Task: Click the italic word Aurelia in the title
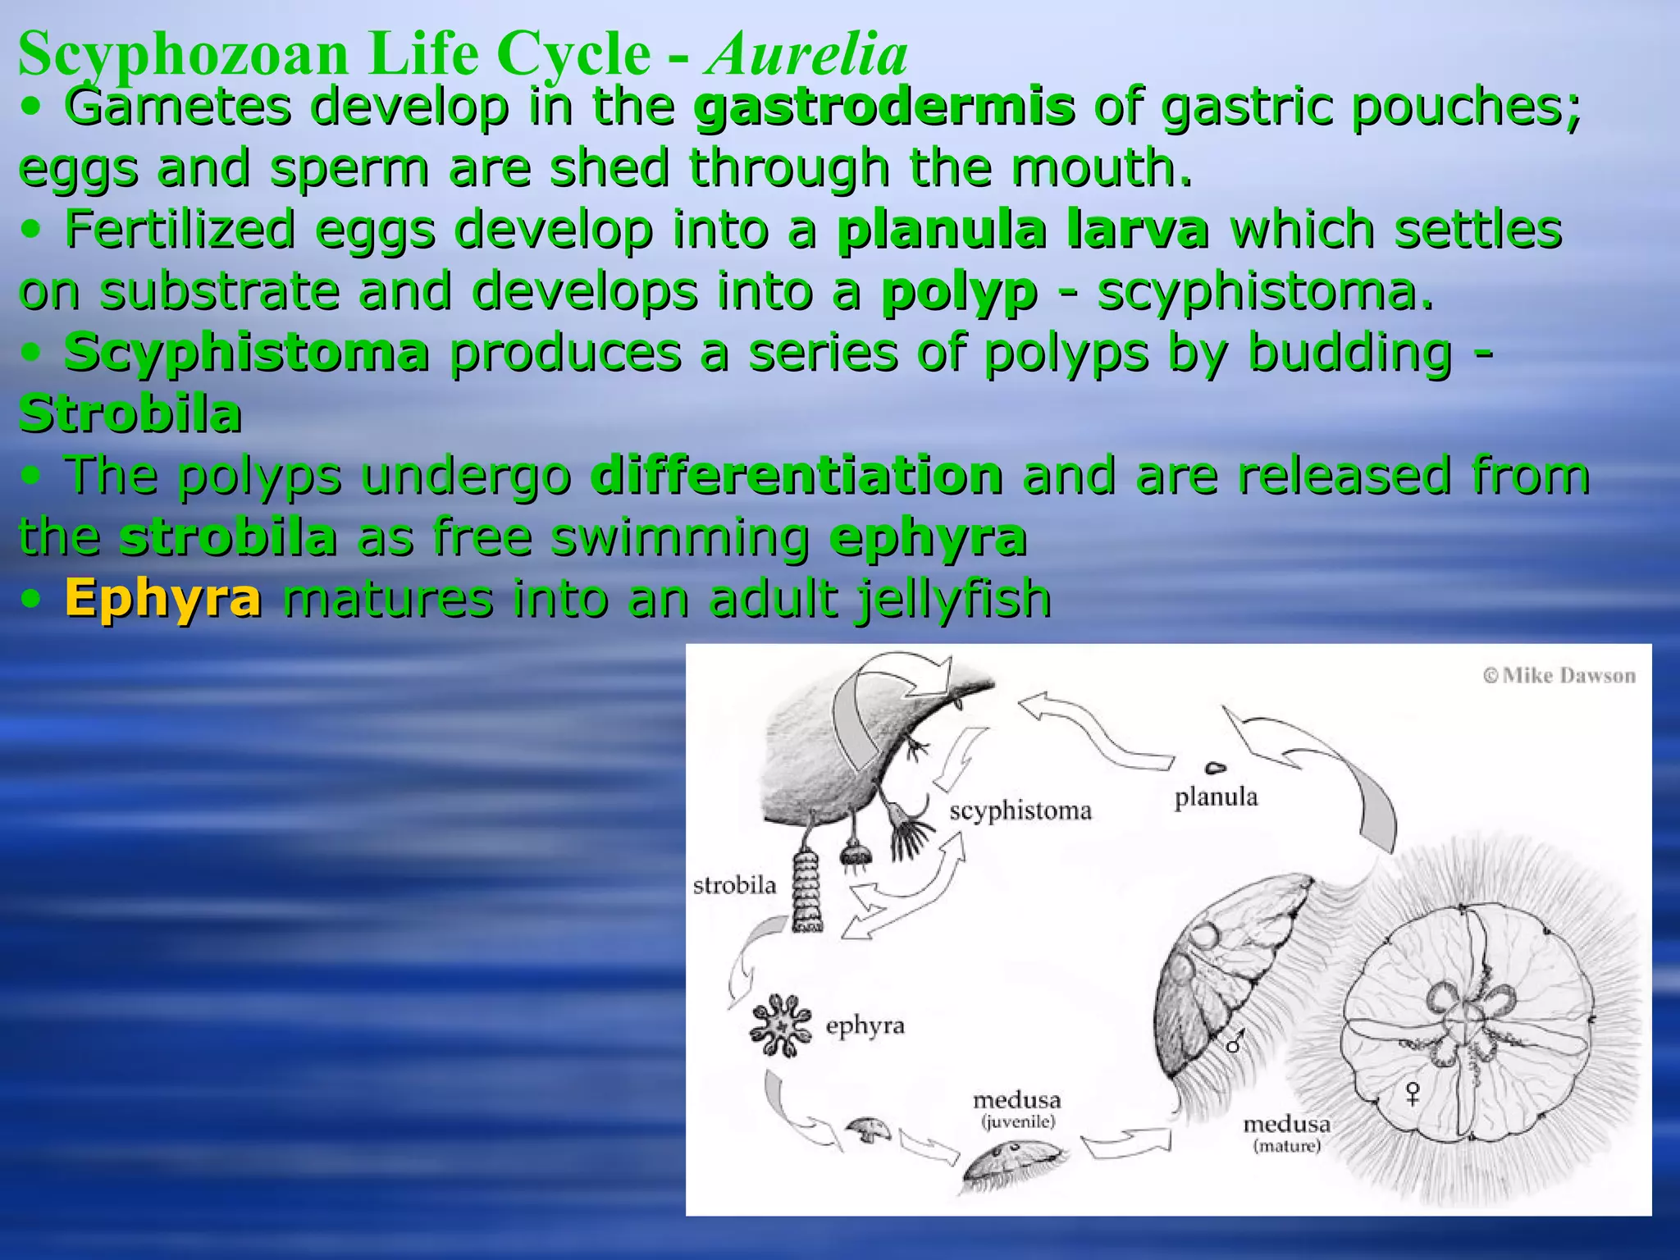(x=808, y=53)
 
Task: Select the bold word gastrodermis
(x=883, y=107)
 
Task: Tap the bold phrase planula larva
(x=1022, y=230)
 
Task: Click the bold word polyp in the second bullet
(x=958, y=291)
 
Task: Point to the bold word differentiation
(x=796, y=476)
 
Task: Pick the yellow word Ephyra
(x=163, y=598)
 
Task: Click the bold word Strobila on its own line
(x=130, y=414)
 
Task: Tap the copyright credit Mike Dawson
(x=1559, y=676)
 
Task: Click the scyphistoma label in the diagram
(x=1020, y=811)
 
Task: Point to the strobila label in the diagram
(x=734, y=885)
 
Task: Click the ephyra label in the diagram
(x=865, y=1026)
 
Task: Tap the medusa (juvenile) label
(x=1017, y=1110)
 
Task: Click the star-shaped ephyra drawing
(x=780, y=1025)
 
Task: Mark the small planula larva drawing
(x=1215, y=769)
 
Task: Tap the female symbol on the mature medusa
(x=1412, y=1093)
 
